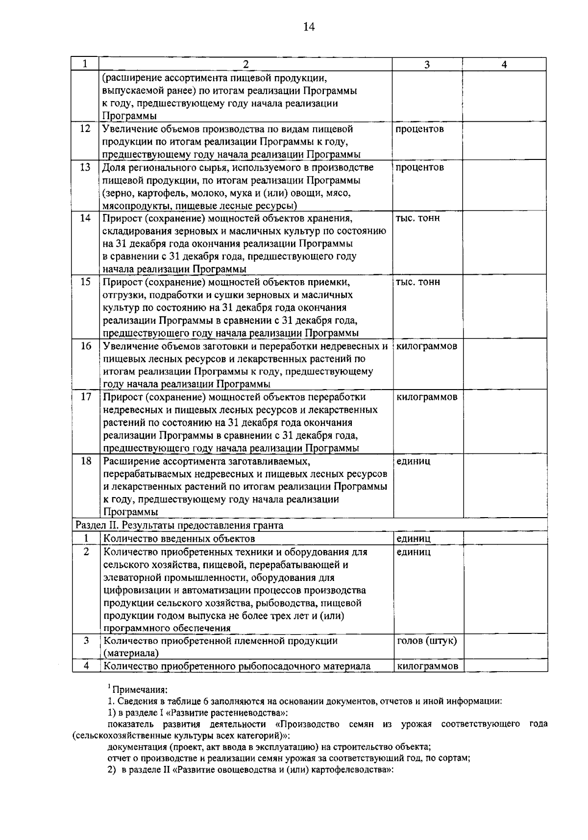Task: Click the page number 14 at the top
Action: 309,27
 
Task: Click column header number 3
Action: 427,65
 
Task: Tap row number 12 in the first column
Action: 85,129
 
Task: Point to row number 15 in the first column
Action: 85,282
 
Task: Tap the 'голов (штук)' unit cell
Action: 426,641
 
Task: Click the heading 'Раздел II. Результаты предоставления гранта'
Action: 179,525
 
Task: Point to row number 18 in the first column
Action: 85,461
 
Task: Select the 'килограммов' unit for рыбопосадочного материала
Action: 427,666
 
